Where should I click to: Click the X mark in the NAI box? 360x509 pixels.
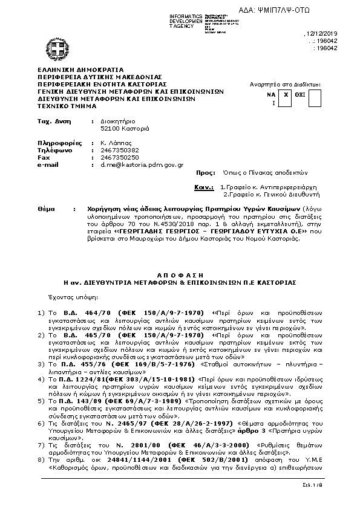coord(287,95)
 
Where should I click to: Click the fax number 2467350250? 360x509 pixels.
coord(114,157)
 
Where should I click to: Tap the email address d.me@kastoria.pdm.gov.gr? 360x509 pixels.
coord(135,164)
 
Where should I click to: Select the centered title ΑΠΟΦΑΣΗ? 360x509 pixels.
coord(180,273)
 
